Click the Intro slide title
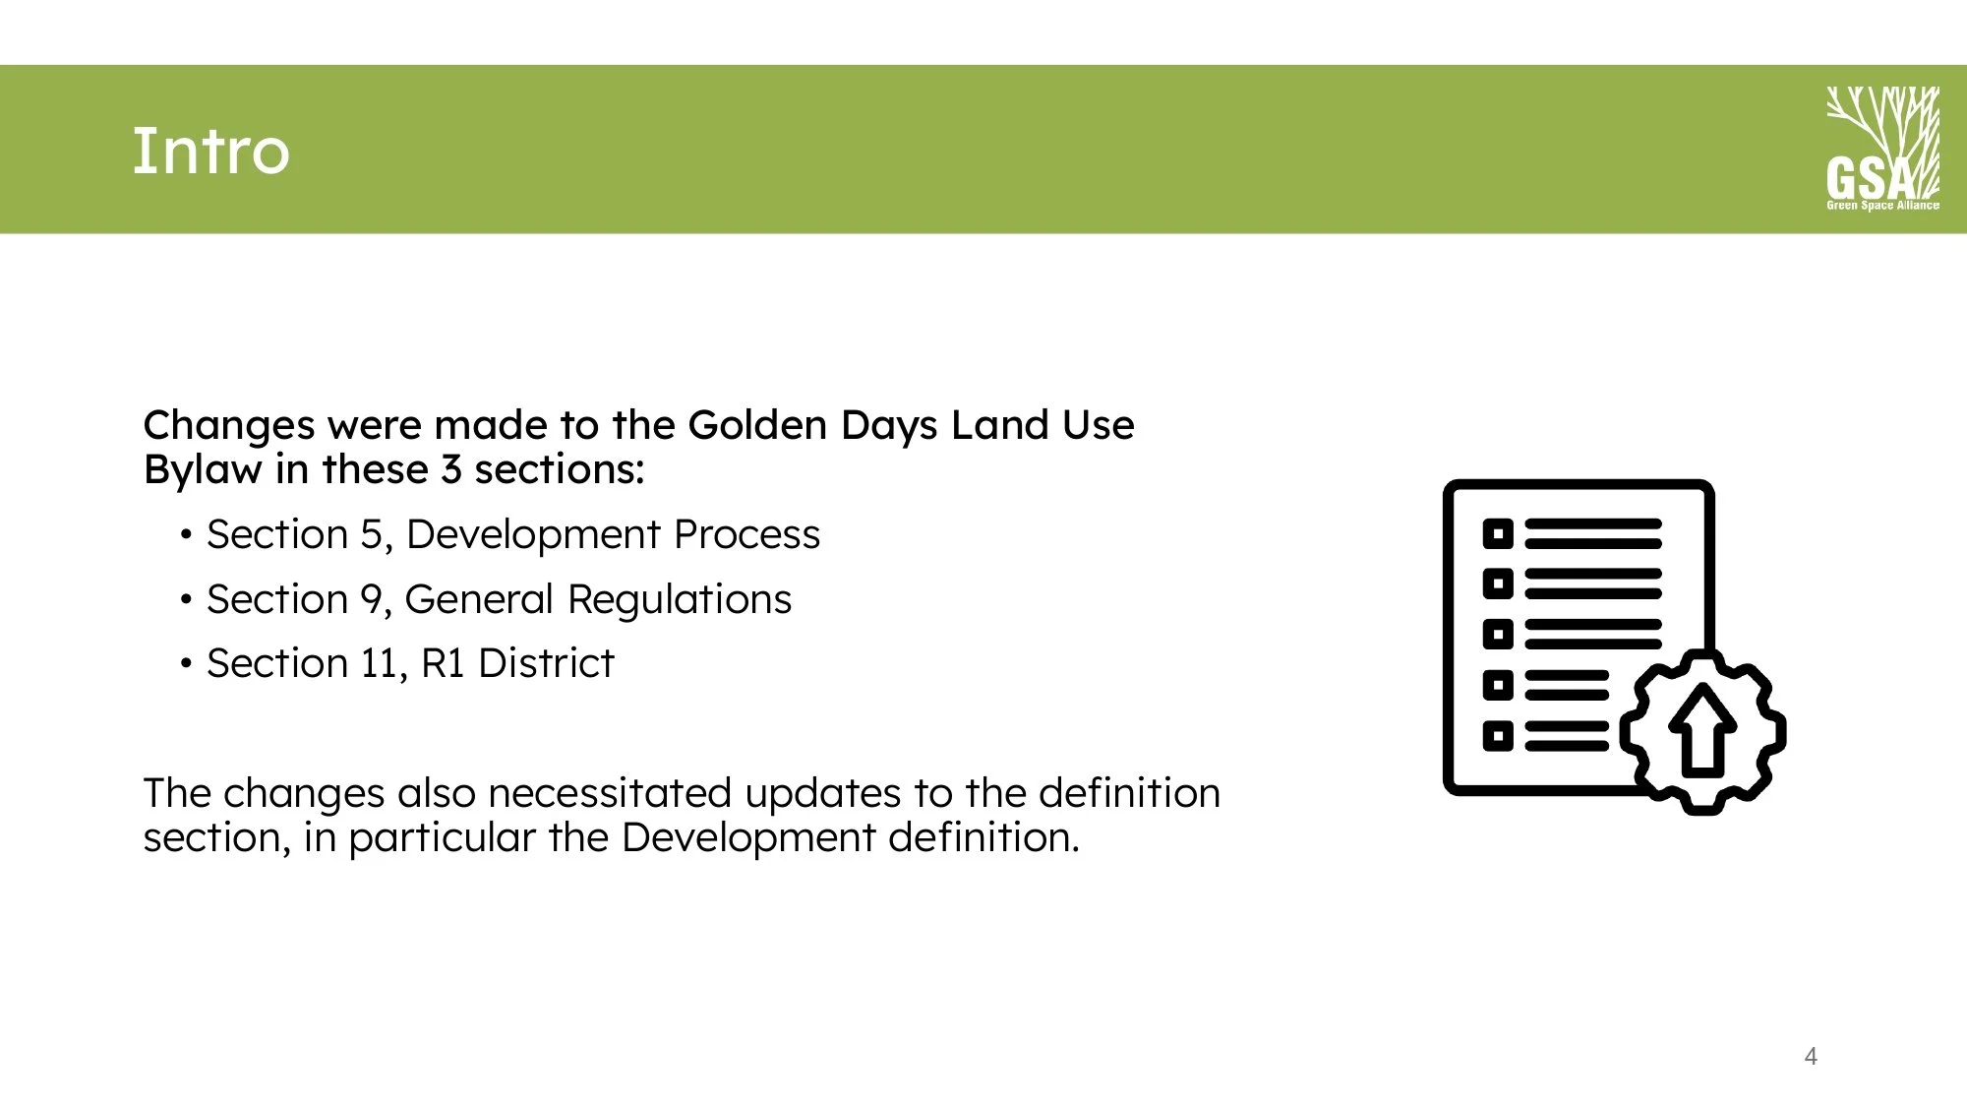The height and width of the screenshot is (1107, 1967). pos(210,152)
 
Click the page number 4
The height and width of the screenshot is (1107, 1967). pos(1811,1057)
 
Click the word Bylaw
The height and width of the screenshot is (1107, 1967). pos(203,470)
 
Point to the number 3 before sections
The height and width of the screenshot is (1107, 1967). pos(451,470)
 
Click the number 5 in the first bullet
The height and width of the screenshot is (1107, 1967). pos(371,535)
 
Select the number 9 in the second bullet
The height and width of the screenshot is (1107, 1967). pos(371,600)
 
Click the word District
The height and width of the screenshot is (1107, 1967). pos(546,664)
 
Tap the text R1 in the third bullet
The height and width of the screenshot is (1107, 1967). pos(442,664)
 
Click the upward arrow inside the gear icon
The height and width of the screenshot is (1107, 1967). pos(1703,729)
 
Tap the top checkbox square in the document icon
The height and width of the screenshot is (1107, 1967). pos(1497,534)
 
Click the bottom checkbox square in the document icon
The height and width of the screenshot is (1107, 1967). pos(1497,736)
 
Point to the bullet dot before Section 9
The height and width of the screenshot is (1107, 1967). pos(186,600)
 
